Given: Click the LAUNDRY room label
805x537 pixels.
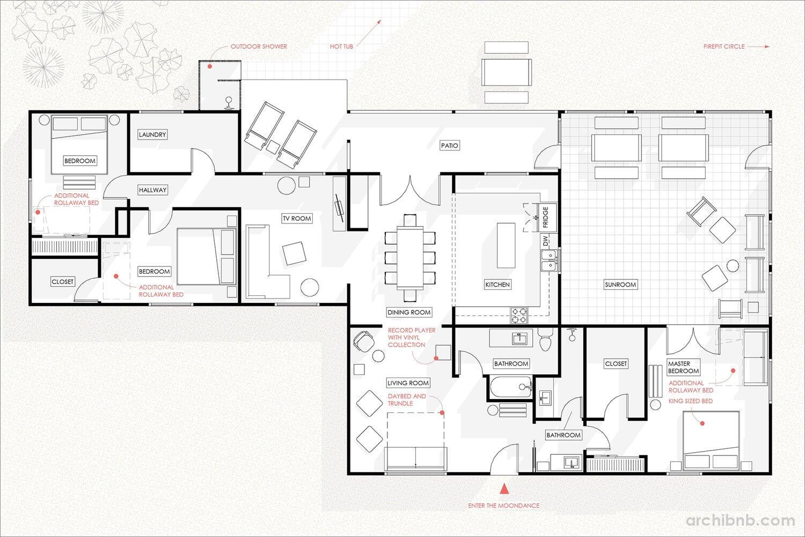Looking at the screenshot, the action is pyautogui.click(x=152, y=135).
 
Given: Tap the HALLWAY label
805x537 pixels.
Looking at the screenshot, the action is pyautogui.click(x=153, y=190).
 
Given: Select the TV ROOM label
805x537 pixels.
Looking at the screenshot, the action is pyautogui.click(x=297, y=219).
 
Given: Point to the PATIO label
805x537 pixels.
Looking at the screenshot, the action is pyautogui.click(x=450, y=146).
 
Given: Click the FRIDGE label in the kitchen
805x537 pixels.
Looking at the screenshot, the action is pyautogui.click(x=545, y=217).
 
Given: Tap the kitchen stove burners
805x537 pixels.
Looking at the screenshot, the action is pyautogui.click(x=519, y=315).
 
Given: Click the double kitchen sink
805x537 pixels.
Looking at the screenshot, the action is pyautogui.click(x=550, y=260).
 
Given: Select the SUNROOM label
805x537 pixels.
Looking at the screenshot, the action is pyautogui.click(x=620, y=285).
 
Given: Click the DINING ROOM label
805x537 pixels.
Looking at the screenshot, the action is pyautogui.click(x=409, y=312).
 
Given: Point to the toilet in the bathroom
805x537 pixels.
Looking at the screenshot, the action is pyautogui.click(x=546, y=339).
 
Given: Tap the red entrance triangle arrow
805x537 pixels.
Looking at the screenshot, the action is pyautogui.click(x=505, y=489).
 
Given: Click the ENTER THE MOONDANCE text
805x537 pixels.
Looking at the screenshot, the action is pyautogui.click(x=503, y=505).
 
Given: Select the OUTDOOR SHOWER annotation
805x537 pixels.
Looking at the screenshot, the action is pyautogui.click(x=259, y=46).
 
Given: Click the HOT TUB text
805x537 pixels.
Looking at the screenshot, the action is pyautogui.click(x=341, y=46).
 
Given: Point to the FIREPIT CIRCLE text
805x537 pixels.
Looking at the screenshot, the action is pyautogui.click(x=724, y=46).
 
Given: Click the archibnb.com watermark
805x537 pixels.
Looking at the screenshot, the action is pyautogui.click(x=740, y=520).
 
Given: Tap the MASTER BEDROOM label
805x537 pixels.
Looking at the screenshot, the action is pyautogui.click(x=684, y=367).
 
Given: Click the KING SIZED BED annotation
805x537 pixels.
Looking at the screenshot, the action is pyautogui.click(x=690, y=401).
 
